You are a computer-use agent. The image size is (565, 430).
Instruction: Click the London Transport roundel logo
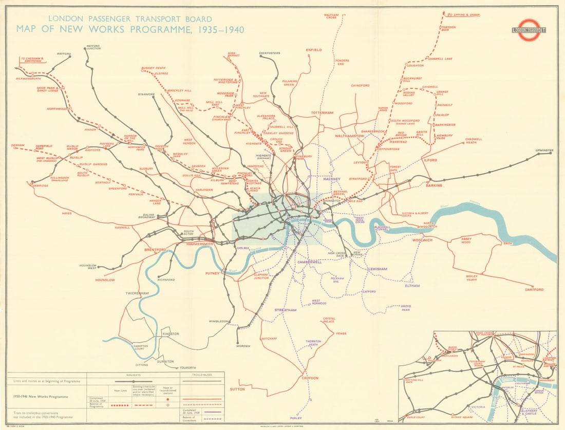click(529, 29)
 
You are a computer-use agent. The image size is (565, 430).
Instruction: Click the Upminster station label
click(544, 151)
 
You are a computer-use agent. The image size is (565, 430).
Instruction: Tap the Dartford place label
click(534, 290)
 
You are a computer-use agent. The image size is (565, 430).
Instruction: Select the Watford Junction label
click(93, 48)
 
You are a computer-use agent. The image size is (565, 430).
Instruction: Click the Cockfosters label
click(270, 53)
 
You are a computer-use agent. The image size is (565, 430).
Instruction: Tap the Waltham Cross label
click(331, 16)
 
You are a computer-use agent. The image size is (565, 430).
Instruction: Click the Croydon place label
click(310, 378)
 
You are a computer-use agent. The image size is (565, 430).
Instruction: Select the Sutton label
click(238, 389)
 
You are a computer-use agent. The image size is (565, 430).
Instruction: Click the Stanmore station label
click(146, 95)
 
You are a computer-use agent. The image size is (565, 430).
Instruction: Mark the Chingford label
click(360, 85)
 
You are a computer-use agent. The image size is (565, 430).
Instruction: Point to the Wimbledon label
click(218, 321)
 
